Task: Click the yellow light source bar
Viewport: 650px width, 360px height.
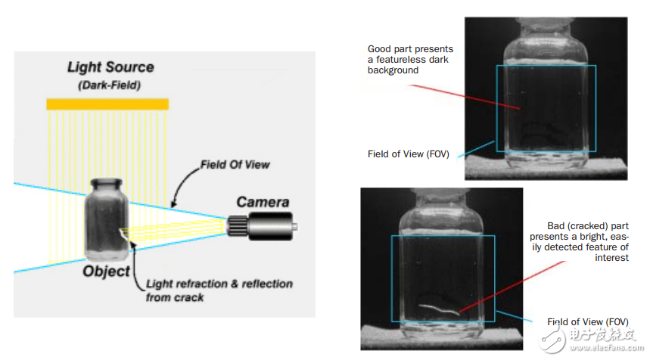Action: [107, 104]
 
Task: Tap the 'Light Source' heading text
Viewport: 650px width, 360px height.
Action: [110, 67]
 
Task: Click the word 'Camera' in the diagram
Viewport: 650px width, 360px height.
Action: [263, 202]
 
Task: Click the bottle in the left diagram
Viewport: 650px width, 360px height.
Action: [105, 223]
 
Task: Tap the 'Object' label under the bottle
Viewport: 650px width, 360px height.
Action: [106, 271]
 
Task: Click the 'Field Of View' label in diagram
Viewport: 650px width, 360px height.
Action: [235, 164]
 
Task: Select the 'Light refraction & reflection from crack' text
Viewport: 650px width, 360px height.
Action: [219, 290]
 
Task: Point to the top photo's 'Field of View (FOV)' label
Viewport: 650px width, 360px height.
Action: [409, 154]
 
